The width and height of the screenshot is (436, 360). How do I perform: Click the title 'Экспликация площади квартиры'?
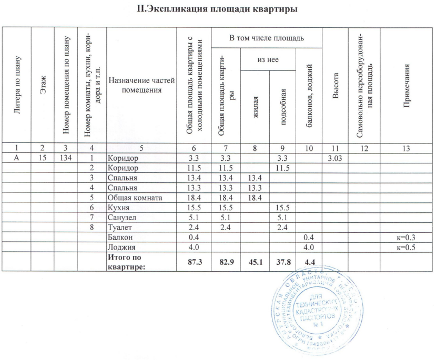coord(218,9)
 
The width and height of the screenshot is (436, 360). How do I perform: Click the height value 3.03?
coord(335,158)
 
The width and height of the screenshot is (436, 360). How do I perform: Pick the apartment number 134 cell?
coord(65,158)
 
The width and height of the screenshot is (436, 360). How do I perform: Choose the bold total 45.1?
coord(255,261)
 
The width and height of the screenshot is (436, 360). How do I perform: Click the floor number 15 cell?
coord(42,158)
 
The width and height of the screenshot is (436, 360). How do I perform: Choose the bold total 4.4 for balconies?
coord(309,261)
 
